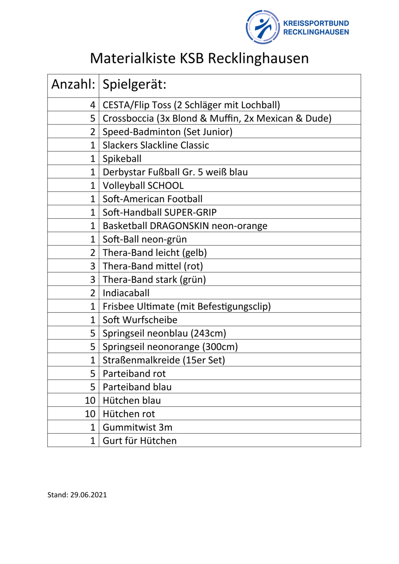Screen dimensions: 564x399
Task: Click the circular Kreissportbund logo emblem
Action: point(263,27)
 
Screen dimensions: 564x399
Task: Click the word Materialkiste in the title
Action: point(133,58)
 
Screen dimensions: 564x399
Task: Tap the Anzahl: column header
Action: point(73,84)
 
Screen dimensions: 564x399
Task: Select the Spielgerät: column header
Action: point(134,84)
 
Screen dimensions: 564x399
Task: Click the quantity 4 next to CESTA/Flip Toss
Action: point(92,105)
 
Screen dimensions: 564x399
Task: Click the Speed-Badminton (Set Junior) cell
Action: point(167,132)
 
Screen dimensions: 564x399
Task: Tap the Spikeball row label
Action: point(122,158)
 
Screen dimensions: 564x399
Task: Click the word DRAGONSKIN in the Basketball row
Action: point(179,226)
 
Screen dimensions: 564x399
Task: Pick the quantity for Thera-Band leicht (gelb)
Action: point(92,252)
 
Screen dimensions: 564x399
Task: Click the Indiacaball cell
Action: point(126,293)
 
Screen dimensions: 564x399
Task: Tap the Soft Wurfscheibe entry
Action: point(140,320)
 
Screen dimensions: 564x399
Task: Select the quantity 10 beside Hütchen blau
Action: point(90,400)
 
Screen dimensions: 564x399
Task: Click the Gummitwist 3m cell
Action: point(137,427)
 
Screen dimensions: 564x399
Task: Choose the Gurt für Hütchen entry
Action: point(140,440)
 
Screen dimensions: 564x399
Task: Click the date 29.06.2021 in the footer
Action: point(88,495)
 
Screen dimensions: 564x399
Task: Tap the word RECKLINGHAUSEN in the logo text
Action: point(316,32)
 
